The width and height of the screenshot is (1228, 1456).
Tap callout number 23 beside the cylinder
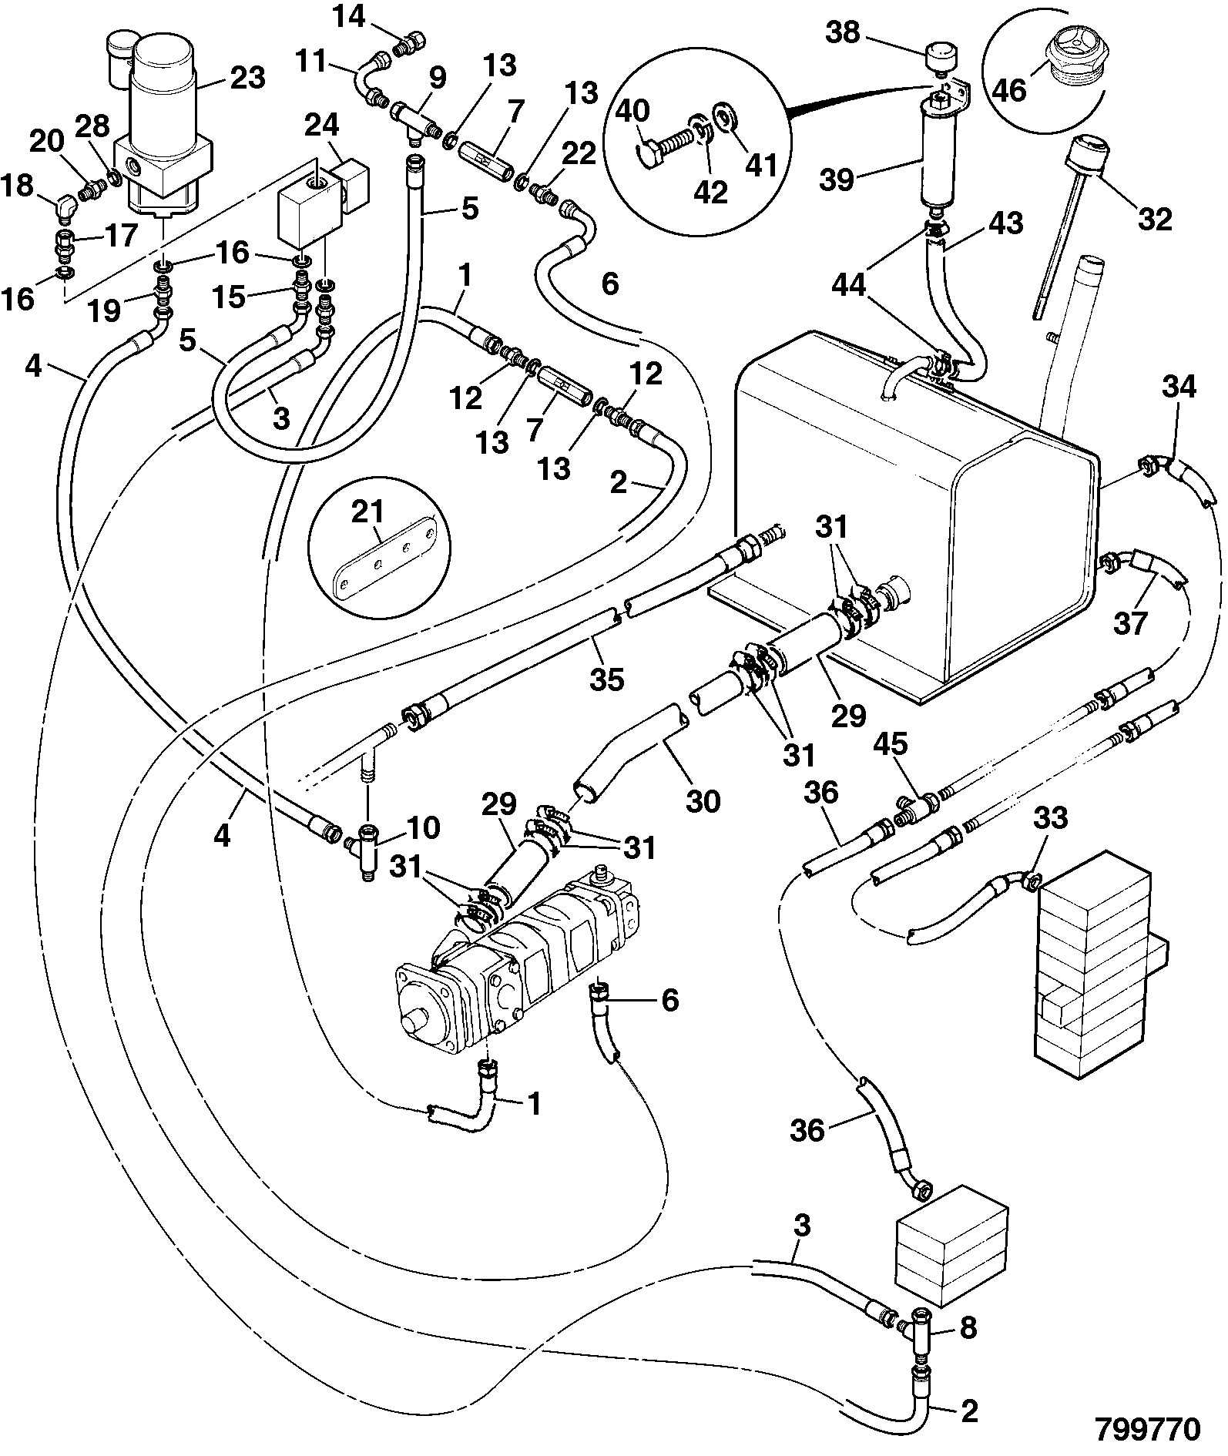247,77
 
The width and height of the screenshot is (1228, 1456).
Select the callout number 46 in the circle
1010,89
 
